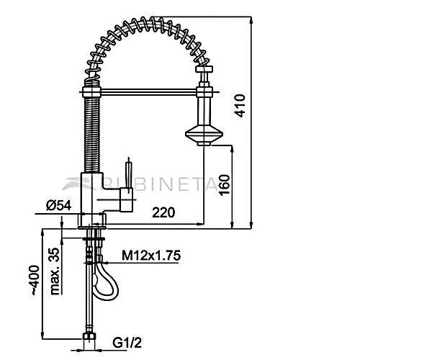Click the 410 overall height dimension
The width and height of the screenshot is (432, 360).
pyautogui.click(x=240, y=106)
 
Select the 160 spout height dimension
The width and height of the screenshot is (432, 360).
pyautogui.click(x=224, y=185)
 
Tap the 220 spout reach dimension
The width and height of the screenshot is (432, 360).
pyautogui.click(x=163, y=212)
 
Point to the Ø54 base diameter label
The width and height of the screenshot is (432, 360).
pyautogui.click(x=59, y=205)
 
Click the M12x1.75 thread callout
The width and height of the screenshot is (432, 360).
pyautogui.click(x=151, y=256)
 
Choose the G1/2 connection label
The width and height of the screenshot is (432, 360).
pyautogui.click(x=127, y=343)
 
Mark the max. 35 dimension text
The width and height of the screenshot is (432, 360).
pyautogui.click(x=55, y=271)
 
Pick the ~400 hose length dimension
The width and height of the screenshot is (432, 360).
pyautogui.click(x=35, y=280)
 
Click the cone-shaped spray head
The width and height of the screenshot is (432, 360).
pyautogui.click(x=204, y=135)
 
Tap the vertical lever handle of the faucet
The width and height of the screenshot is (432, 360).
pyautogui.click(x=129, y=174)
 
